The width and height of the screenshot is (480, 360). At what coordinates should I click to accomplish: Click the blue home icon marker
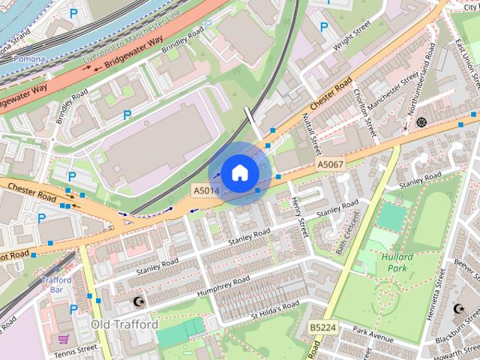point(239,173)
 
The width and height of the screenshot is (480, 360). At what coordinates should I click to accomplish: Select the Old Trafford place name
point(124,324)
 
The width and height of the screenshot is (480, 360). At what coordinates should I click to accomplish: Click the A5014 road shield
point(206,191)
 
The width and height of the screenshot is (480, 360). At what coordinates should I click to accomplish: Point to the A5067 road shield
point(330,164)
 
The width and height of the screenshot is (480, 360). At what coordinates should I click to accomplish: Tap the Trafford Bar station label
point(56,284)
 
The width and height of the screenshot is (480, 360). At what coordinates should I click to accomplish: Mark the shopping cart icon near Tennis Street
point(64,339)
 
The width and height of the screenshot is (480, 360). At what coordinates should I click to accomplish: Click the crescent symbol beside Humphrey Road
point(137,301)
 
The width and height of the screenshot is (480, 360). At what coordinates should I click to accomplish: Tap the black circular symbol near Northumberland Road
point(421,121)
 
